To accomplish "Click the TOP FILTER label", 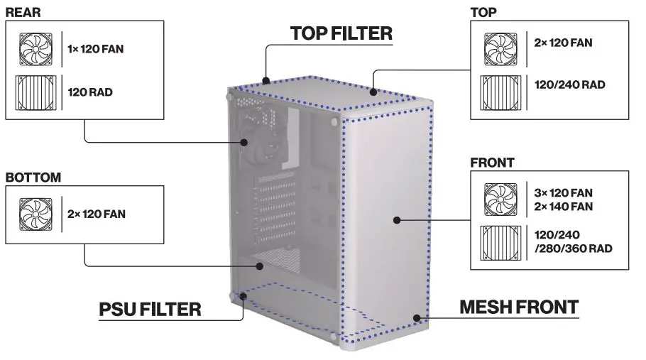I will pyautogui.click(x=341, y=33).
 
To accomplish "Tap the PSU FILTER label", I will pyautogui.click(x=150, y=309).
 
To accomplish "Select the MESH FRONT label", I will pyautogui.click(x=519, y=307).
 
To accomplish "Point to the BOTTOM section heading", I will pyautogui.click(x=33, y=177).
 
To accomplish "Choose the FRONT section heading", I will pyautogui.click(x=492, y=163).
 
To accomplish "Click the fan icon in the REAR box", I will pyautogui.click(x=34, y=50).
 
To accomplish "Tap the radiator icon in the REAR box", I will pyautogui.click(x=34, y=92).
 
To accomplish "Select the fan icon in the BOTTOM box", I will pyautogui.click(x=34, y=214).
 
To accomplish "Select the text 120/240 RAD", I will pyautogui.click(x=569, y=84).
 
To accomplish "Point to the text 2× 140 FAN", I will pyautogui.click(x=564, y=207).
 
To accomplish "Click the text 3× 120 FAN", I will pyautogui.click(x=564, y=192).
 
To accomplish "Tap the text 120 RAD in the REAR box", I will pyautogui.click(x=90, y=92).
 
